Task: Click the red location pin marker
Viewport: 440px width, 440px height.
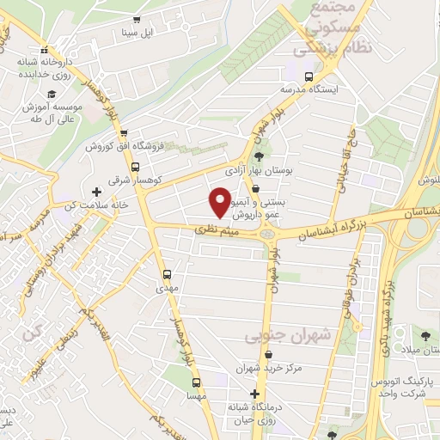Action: click(220, 202)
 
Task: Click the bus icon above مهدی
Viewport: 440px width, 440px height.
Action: click(167, 275)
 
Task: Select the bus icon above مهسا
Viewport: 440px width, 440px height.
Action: click(197, 382)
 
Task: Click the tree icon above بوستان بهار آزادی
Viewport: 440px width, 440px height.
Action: click(259, 156)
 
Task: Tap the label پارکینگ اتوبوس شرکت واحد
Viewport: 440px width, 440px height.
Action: click(405, 387)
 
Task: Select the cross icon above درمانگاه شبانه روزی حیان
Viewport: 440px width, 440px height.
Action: click(253, 393)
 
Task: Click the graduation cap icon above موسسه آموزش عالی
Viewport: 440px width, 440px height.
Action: click(52, 93)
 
